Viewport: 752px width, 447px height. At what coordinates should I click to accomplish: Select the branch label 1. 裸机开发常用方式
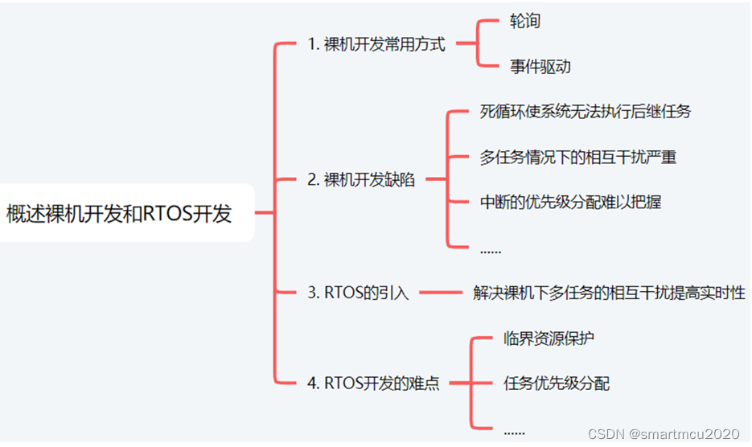coord(376,45)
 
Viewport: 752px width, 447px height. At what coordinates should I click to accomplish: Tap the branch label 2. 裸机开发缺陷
coord(361,180)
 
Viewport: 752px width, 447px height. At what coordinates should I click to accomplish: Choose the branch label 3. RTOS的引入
coord(358,293)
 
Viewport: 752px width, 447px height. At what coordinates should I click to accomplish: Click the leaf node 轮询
coord(525,22)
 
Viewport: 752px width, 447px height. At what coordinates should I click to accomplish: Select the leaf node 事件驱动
coord(540,67)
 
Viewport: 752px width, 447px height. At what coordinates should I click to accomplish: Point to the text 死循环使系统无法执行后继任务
coord(586,112)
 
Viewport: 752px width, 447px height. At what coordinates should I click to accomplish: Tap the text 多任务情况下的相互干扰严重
coord(578,157)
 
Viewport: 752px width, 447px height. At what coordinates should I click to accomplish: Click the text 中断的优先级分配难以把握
coord(571,202)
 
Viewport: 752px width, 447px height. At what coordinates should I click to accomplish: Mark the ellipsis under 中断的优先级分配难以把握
coord(491,250)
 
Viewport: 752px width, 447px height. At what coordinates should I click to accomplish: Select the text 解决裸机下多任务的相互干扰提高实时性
coord(609,293)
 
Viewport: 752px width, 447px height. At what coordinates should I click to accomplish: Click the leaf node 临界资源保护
coord(549,338)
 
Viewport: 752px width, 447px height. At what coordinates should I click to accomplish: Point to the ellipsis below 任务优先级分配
coord(514,431)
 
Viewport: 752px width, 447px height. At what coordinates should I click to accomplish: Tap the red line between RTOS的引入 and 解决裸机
coord(442,293)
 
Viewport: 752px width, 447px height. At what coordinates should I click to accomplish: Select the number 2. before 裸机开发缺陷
coord(314,180)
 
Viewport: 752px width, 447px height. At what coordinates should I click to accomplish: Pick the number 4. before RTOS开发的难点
coord(314,383)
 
